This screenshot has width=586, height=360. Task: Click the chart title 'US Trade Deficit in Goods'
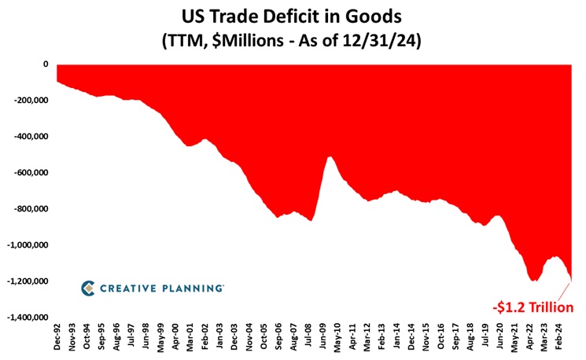click(x=293, y=15)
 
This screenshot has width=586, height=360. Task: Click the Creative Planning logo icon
click(x=89, y=288)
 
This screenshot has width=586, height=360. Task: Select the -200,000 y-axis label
click(x=30, y=100)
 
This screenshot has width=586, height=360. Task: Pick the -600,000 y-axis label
click(x=30, y=172)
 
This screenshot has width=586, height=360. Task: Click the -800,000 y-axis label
click(x=30, y=208)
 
